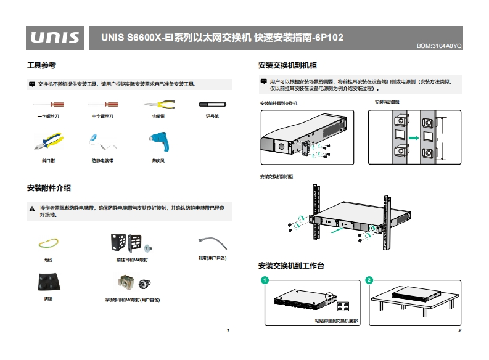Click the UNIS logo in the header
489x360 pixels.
pos(55,38)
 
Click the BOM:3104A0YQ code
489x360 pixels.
pos(439,46)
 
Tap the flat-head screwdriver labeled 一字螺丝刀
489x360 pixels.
pos(48,105)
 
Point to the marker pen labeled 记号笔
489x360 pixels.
pos(212,105)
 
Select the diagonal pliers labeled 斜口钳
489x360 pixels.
pos(48,142)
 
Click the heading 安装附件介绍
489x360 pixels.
pos(49,187)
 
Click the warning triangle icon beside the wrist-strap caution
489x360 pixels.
pos(32,209)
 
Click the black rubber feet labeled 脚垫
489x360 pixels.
pos(48,282)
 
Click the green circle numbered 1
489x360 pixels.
pos(265,280)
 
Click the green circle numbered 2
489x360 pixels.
pos(369,280)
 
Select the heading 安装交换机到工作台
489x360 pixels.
pos(291,266)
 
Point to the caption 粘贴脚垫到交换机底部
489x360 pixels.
pos(335,321)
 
